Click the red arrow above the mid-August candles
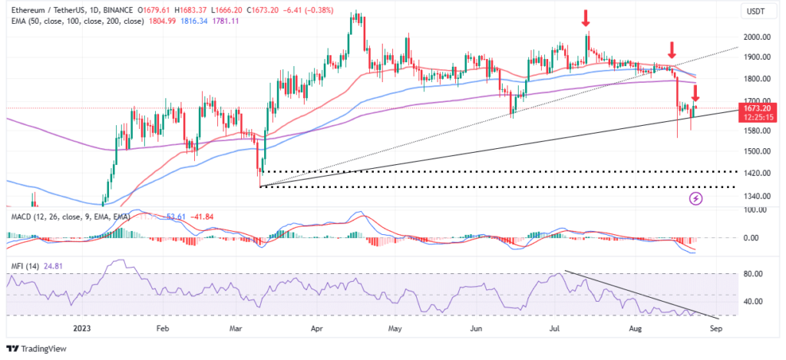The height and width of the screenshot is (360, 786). [x=671, y=51]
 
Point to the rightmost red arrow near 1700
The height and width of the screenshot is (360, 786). [x=695, y=94]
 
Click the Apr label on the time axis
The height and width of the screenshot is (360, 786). [x=316, y=328]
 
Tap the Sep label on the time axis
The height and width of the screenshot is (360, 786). [x=715, y=328]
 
